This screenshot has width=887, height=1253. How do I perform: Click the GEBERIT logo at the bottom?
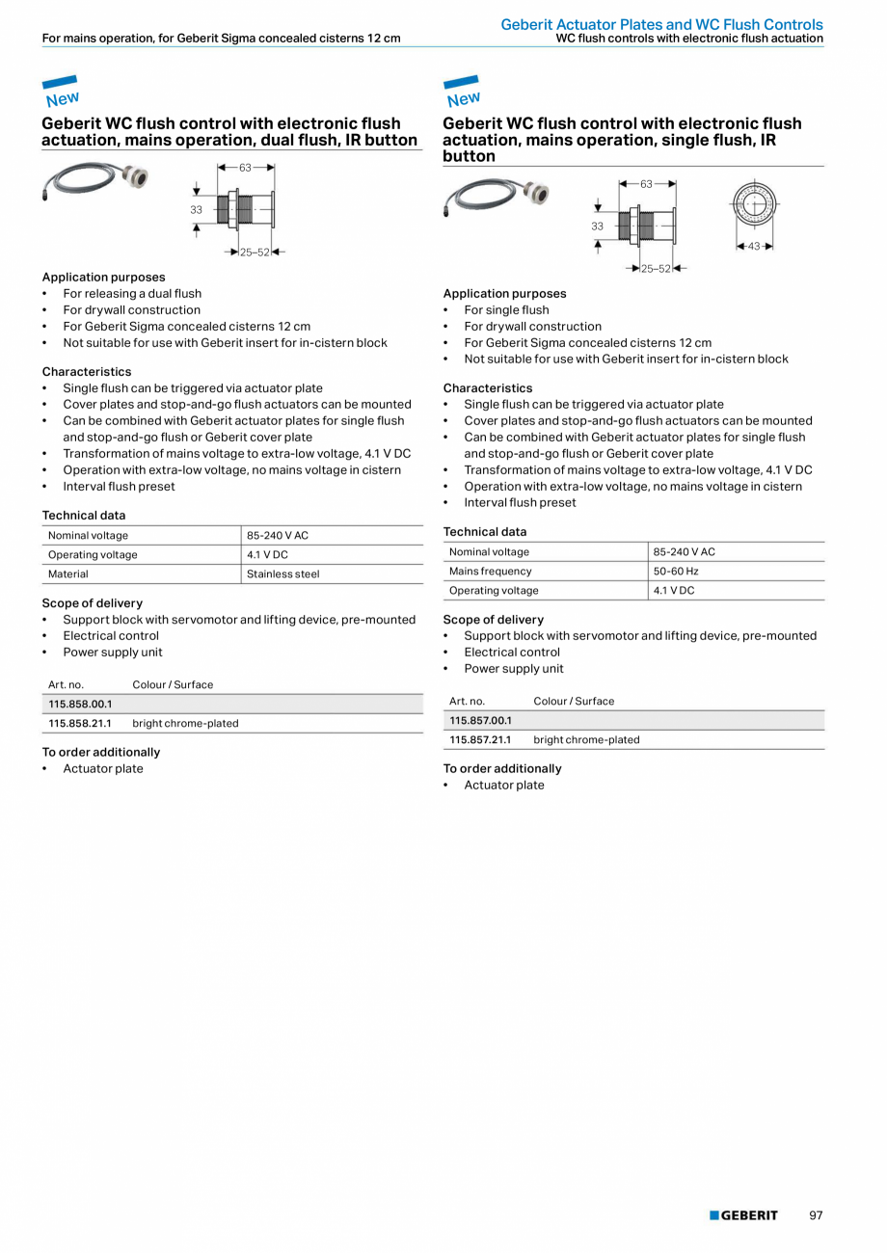pyautogui.click(x=743, y=1215)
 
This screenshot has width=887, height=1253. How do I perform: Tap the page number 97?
pyautogui.click(x=816, y=1215)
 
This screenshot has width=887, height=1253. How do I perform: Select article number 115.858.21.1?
pyautogui.click(x=80, y=723)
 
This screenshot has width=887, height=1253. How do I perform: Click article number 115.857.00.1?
pyautogui.click(x=480, y=720)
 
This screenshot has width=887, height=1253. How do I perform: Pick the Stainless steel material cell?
pyautogui.click(x=282, y=573)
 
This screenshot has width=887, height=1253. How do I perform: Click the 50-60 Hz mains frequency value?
pyautogui.click(x=675, y=571)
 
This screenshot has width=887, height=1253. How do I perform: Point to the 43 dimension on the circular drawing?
pyautogui.click(x=754, y=247)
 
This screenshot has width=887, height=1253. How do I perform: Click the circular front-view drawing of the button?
pyautogui.click(x=754, y=204)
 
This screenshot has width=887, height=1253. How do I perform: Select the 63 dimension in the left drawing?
pyautogui.click(x=245, y=167)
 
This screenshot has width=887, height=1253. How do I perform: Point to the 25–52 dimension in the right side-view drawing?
pyautogui.click(x=655, y=269)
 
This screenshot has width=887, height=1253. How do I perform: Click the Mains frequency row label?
pyautogui.click(x=490, y=571)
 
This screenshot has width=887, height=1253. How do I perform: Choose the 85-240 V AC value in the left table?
pyautogui.click(x=278, y=535)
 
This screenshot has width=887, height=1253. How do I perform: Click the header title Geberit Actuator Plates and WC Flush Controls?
pyautogui.click(x=661, y=24)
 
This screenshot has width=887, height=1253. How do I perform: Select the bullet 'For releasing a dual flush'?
pyautogui.click(x=132, y=293)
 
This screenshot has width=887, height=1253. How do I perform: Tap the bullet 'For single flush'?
pyautogui.click(x=506, y=309)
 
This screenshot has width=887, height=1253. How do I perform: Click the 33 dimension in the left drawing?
pyautogui.click(x=196, y=209)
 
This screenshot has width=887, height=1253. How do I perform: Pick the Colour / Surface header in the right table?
pyautogui.click(x=573, y=701)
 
